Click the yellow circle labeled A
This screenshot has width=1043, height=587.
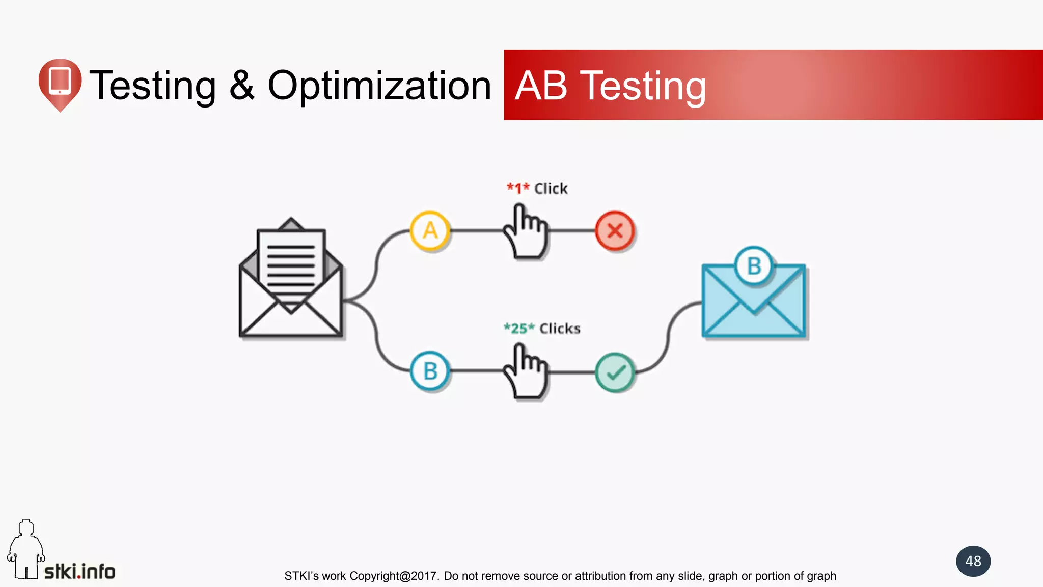pos(430,231)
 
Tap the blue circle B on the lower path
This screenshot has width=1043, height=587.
pos(430,371)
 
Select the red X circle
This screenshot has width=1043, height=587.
pos(615,231)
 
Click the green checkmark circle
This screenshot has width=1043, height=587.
pos(615,372)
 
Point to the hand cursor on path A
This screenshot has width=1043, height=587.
pos(526,232)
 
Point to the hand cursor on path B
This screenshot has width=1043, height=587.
pos(526,372)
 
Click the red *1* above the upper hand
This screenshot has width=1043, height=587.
pos(518,188)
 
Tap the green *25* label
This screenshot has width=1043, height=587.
pos(519,328)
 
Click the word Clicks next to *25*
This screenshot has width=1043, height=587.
pos(560,328)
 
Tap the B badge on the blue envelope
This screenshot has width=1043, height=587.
pos(754,266)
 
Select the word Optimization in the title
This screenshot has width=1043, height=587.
pos(379,86)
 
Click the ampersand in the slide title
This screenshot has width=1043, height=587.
pos(241,86)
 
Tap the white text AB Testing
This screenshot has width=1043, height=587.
pos(610,86)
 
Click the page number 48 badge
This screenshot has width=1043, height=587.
pos(973,561)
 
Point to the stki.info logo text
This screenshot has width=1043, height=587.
pos(80,571)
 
